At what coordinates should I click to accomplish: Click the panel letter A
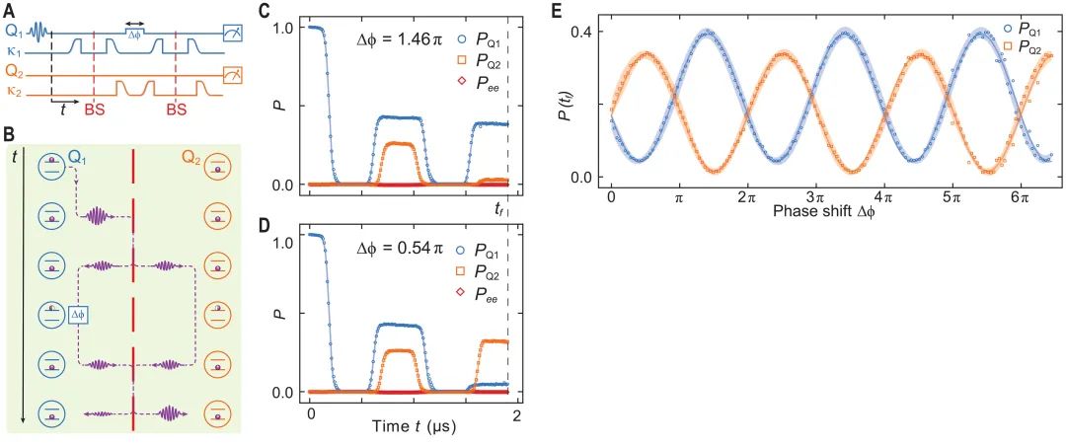(x=9, y=10)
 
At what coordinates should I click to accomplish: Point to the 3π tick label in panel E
(x=815, y=197)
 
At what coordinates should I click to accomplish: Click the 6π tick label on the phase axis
(x=1020, y=197)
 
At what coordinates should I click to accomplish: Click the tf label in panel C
(x=500, y=208)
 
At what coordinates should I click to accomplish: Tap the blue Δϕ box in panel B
(x=80, y=314)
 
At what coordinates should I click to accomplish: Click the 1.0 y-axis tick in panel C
(x=283, y=28)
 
